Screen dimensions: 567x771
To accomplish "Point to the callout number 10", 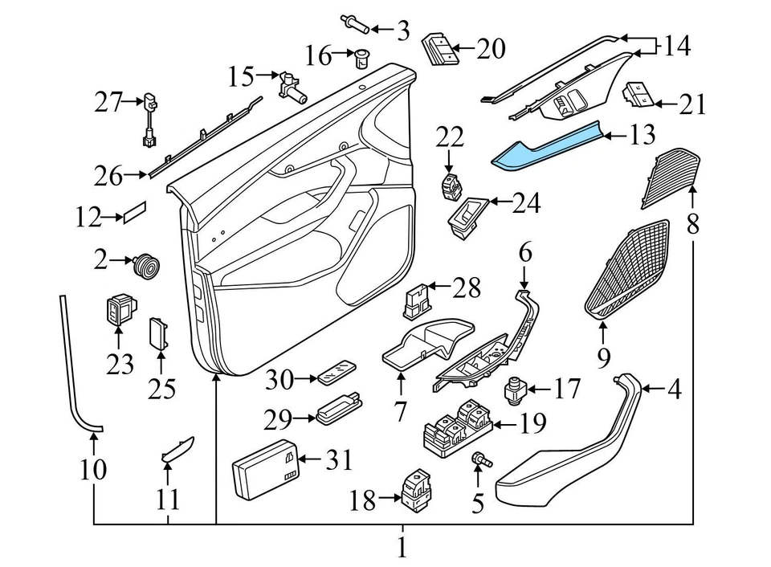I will [x=93, y=469].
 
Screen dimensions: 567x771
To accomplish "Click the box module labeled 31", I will [x=265, y=465].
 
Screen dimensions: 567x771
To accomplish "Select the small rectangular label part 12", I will [x=133, y=214].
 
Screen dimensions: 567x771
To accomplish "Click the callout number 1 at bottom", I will [x=402, y=549].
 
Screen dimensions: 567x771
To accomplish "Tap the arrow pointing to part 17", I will [x=536, y=390].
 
